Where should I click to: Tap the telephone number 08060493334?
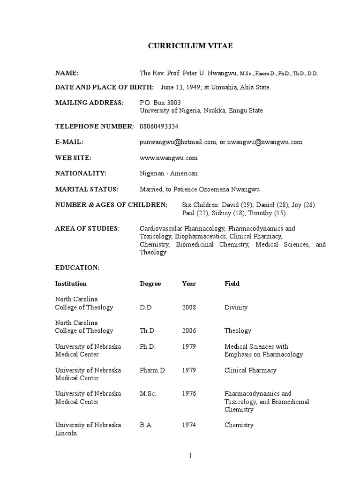[159, 127]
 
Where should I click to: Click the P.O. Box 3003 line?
[160, 103]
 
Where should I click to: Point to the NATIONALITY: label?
[81, 173]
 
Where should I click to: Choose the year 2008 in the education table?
[189, 307]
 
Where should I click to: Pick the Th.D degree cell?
[147, 331]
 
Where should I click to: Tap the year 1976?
[189, 394]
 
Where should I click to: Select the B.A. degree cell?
[146, 425]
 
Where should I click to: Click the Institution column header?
[71, 284]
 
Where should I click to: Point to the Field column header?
[232, 284]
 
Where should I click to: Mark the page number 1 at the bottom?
[191, 456]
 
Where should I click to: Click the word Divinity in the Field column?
[236, 307]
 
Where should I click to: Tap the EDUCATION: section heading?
[77, 268]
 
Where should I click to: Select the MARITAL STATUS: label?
[87, 189]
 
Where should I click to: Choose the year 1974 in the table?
[189, 425]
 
